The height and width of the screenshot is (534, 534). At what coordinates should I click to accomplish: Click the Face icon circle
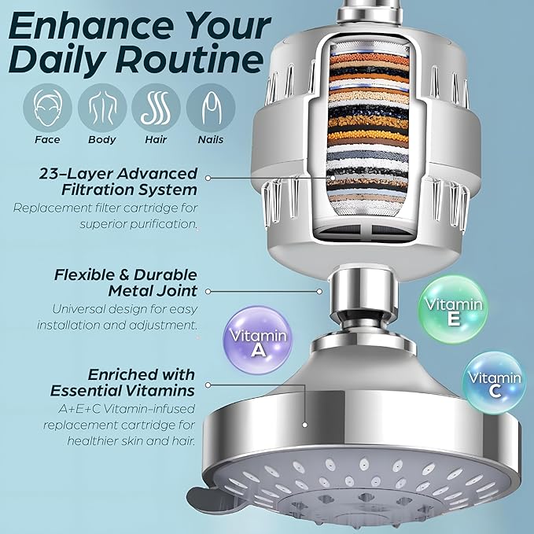47,107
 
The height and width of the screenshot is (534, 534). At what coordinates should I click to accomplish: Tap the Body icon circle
101,107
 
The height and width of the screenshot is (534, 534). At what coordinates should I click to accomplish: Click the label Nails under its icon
210,140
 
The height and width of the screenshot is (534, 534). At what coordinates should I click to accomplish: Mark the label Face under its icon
47,140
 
